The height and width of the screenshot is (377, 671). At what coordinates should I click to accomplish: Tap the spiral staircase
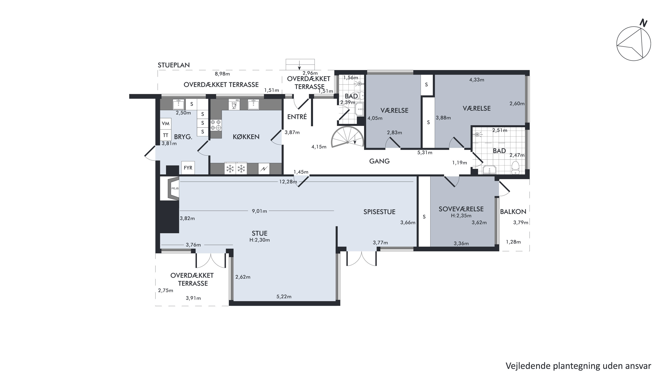pos(347,137)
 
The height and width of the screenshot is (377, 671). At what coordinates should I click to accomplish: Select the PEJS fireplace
pos(173,188)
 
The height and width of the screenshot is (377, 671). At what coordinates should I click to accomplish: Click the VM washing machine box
pos(166,123)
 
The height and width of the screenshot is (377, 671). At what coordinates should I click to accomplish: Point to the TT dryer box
pos(166,135)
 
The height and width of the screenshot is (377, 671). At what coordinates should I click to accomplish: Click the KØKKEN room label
pos(246,137)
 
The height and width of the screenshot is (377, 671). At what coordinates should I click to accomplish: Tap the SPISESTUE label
pos(379,212)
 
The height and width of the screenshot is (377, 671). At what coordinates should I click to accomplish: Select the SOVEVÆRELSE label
pos(461,209)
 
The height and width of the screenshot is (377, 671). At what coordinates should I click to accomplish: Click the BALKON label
pos(513,212)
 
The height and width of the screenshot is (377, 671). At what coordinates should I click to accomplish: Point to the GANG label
pos(379,161)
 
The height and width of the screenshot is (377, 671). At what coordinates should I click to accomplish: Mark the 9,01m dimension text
pos(260,211)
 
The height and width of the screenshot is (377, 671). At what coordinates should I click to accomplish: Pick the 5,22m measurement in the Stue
pos(284,296)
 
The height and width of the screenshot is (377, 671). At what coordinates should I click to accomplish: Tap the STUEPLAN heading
pos(174,65)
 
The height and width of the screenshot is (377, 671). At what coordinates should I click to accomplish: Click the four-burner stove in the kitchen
pos(216,125)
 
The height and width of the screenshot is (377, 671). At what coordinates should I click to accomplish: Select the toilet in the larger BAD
pos(515,167)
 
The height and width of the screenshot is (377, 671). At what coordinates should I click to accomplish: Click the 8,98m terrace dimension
pos(222,74)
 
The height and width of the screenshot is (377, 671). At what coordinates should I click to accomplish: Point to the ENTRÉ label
pos(297,117)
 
